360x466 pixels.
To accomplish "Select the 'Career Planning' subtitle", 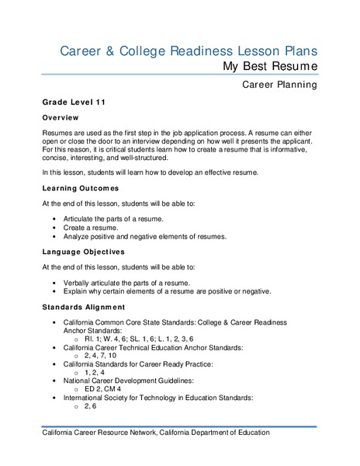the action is tap(279, 85).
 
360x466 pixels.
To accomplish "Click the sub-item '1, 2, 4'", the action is tap(96, 373).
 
